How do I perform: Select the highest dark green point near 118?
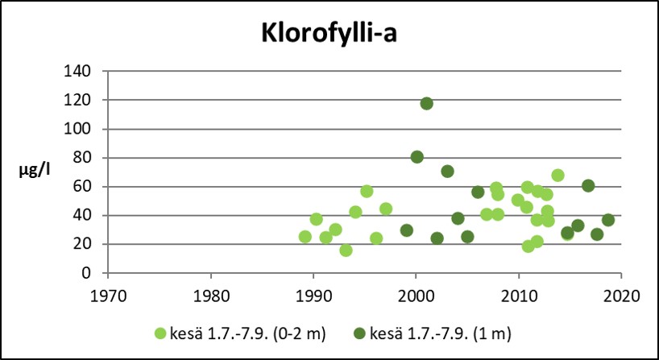tap(426, 103)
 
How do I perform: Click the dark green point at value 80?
tap(417, 157)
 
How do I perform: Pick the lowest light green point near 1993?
tap(346, 250)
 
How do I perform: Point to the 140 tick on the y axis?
tap(77, 71)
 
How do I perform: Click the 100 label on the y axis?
tap(77, 129)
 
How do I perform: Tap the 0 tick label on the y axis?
tap(85, 273)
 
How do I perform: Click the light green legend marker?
tap(163, 332)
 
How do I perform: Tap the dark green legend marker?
tap(363, 332)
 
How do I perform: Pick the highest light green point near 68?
tap(557, 176)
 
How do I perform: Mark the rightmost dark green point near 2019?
tap(608, 220)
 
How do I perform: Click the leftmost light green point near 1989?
tap(305, 237)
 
